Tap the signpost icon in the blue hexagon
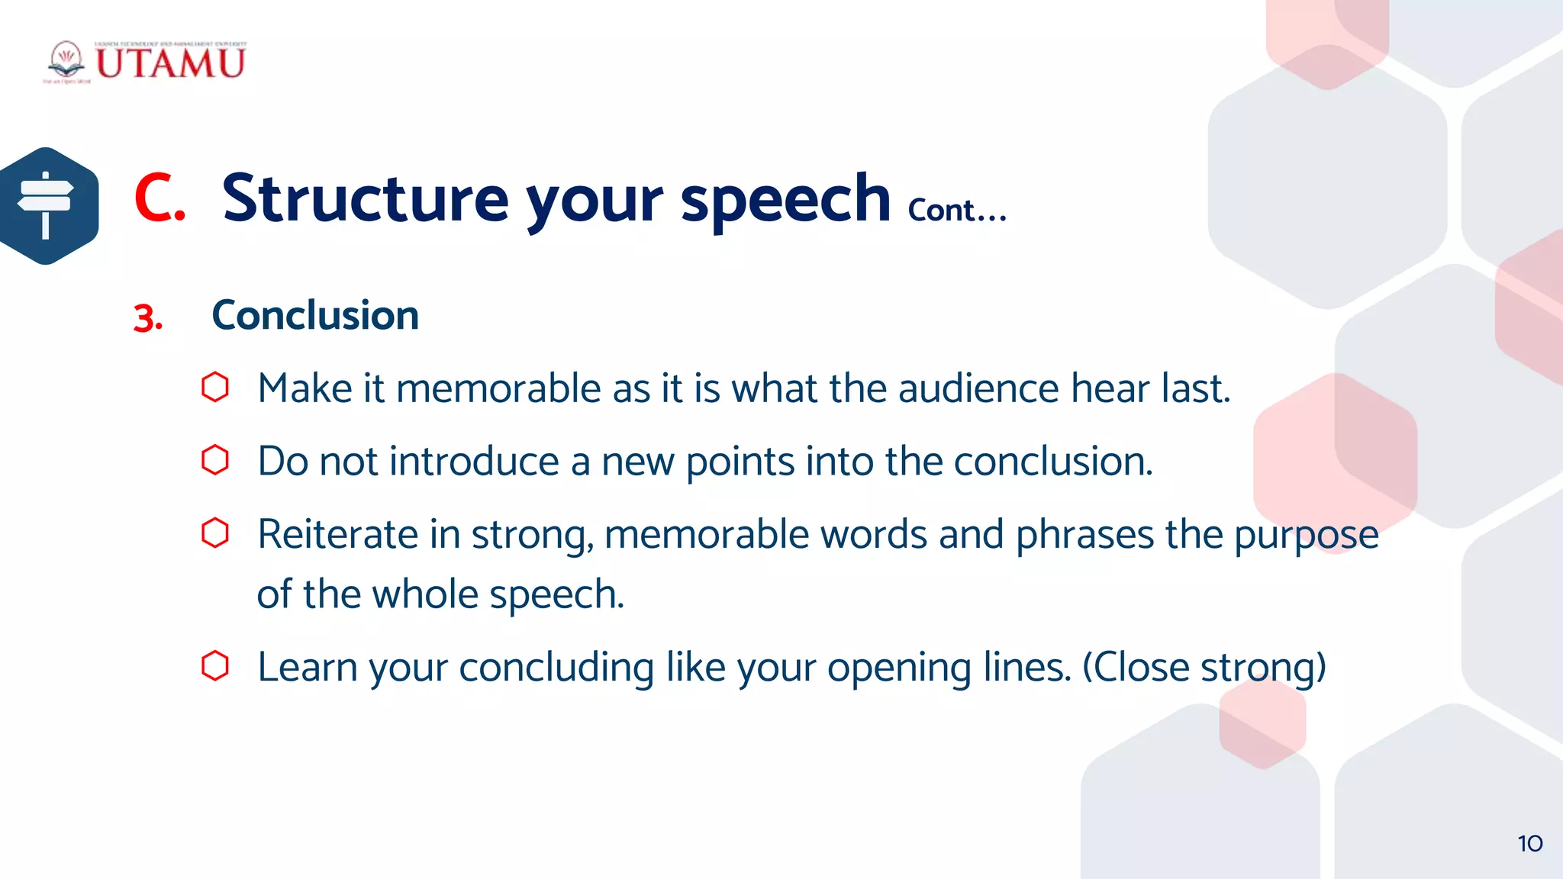pyautogui.click(x=46, y=205)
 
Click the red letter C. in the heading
pyautogui.click(x=160, y=198)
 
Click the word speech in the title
pyautogui.click(x=785, y=200)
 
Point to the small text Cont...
pyautogui.click(x=956, y=211)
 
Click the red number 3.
pyautogui.click(x=147, y=318)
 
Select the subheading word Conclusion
pyautogui.click(x=315, y=315)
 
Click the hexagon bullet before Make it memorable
pyautogui.click(x=215, y=388)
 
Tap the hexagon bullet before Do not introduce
pyautogui.click(x=215, y=460)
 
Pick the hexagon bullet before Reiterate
pyautogui.click(x=215, y=533)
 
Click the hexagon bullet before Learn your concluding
pyautogui.click(x=215, y=666)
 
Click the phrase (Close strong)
pyautogui.click(x=1204, y=668)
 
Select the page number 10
pyautogui.click(x=1529, y=844)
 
